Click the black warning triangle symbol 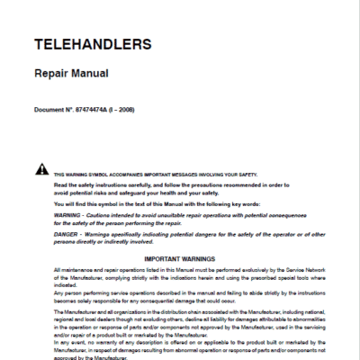pyautogui.click(x=41, y=169)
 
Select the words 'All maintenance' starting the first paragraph pyautogui.click(x=72, y=271)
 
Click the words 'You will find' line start pyautogui.click(x=70, y=203)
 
